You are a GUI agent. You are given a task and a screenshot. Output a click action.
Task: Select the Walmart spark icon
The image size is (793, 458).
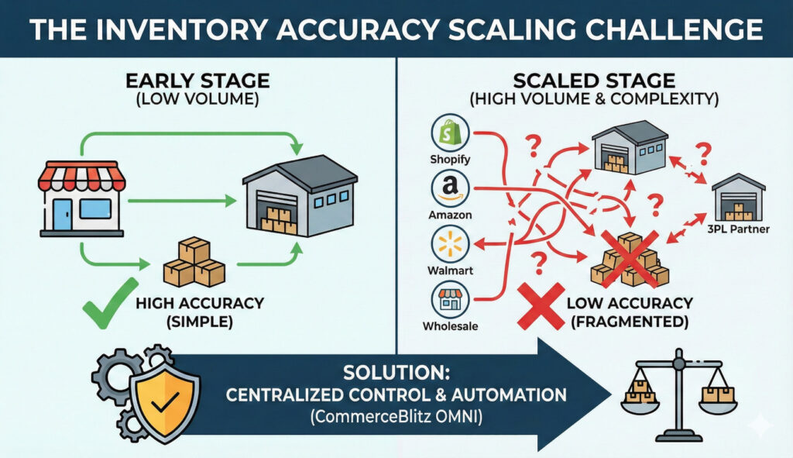450,245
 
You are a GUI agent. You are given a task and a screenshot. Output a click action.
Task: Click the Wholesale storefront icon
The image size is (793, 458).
450,299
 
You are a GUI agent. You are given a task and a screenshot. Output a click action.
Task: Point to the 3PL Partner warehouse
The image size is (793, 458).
738,197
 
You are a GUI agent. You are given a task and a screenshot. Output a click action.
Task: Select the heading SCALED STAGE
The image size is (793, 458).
596,81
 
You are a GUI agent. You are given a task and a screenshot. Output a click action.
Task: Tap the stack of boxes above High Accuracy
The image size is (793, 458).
194,262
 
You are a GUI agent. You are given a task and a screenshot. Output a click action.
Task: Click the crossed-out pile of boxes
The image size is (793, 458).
630,260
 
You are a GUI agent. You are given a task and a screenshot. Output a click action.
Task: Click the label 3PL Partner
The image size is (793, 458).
737,230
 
